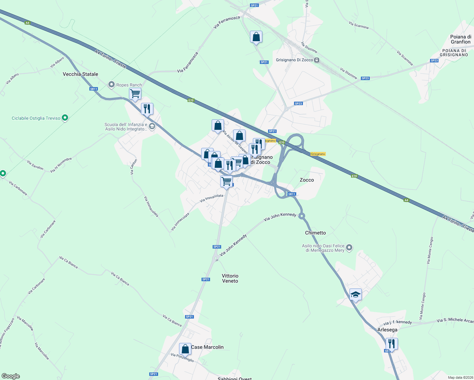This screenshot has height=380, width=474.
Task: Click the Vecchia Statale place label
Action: [x=80, y=74]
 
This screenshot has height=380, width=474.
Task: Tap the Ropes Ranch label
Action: [x=129, y=85]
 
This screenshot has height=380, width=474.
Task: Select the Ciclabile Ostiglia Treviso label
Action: [x=36, y=118]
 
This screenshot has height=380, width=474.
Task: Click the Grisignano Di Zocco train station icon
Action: [x=317, y=60]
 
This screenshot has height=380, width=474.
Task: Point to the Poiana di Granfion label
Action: [x=460, y=39]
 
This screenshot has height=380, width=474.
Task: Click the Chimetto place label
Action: [x=315, y=233]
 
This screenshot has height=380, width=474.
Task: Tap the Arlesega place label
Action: [x=387, y=330]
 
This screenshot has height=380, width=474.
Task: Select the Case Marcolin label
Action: [x=207, y=347]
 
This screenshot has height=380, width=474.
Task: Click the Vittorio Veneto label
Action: [x=230, y=278]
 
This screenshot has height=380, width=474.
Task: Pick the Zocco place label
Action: [x=307, y=180]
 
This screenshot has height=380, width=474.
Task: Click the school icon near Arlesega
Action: [x=355, y=294]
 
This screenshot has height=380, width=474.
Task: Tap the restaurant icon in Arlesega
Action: [x=392, y=344]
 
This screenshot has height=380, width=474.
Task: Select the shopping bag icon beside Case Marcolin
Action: [x=185, y=349]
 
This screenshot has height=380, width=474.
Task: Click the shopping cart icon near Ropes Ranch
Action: [x=135, y=94]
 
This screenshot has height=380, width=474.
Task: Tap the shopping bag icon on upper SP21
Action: [x=256, y=37]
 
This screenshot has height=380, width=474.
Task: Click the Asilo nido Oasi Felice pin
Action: [x=349, y=247]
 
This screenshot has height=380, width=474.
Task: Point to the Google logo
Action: [x=11, y=376]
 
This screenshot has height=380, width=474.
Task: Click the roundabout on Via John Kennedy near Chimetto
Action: [x=302, y=216]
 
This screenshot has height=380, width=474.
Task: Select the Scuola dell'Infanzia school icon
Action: [x=152, y=127]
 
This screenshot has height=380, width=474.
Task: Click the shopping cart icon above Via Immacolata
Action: [x=227, y=181]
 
